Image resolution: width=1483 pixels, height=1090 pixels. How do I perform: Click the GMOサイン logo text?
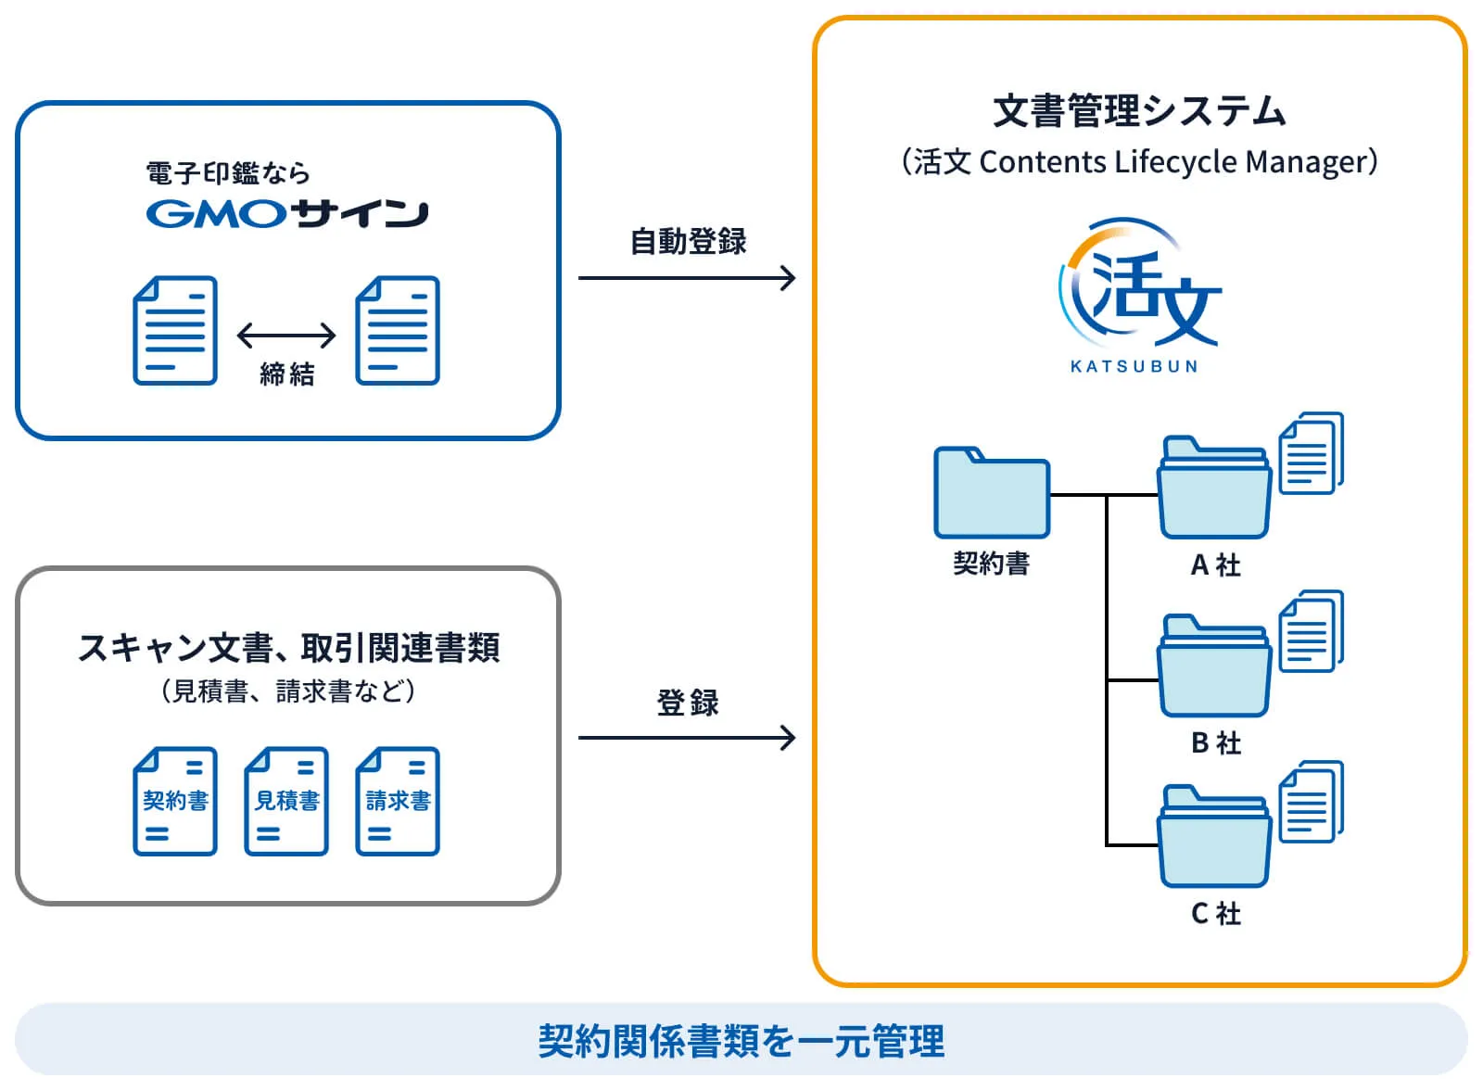(x=286, y=214)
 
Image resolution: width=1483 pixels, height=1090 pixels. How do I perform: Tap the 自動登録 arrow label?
(x=688, y=241)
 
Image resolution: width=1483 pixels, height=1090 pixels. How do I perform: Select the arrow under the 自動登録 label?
(x=686, y=277)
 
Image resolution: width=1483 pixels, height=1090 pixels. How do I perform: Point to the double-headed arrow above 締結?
(x=286, y=335)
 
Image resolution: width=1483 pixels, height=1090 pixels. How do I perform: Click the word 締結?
(x=286, y=374)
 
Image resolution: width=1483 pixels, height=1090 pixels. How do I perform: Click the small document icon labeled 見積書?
(x=286, y=801)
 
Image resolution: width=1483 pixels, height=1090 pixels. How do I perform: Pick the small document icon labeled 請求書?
(x=398, y=801)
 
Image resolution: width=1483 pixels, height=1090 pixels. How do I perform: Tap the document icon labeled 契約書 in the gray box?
(x=175, y=801)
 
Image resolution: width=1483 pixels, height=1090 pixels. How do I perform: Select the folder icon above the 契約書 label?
(x=991, y=494)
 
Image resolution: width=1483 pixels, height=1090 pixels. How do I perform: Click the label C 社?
(x=1215, y=914)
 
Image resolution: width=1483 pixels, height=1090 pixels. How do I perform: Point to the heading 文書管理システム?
(x=1139, y=111)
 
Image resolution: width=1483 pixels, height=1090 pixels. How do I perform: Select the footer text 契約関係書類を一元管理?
(x=741, y=1041)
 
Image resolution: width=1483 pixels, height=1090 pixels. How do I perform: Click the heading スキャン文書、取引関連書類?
(x=288, y=648)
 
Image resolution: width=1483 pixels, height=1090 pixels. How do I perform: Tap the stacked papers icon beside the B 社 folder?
(x=1311, y=631)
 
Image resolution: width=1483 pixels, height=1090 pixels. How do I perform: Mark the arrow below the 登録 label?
(x=686, y=738)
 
